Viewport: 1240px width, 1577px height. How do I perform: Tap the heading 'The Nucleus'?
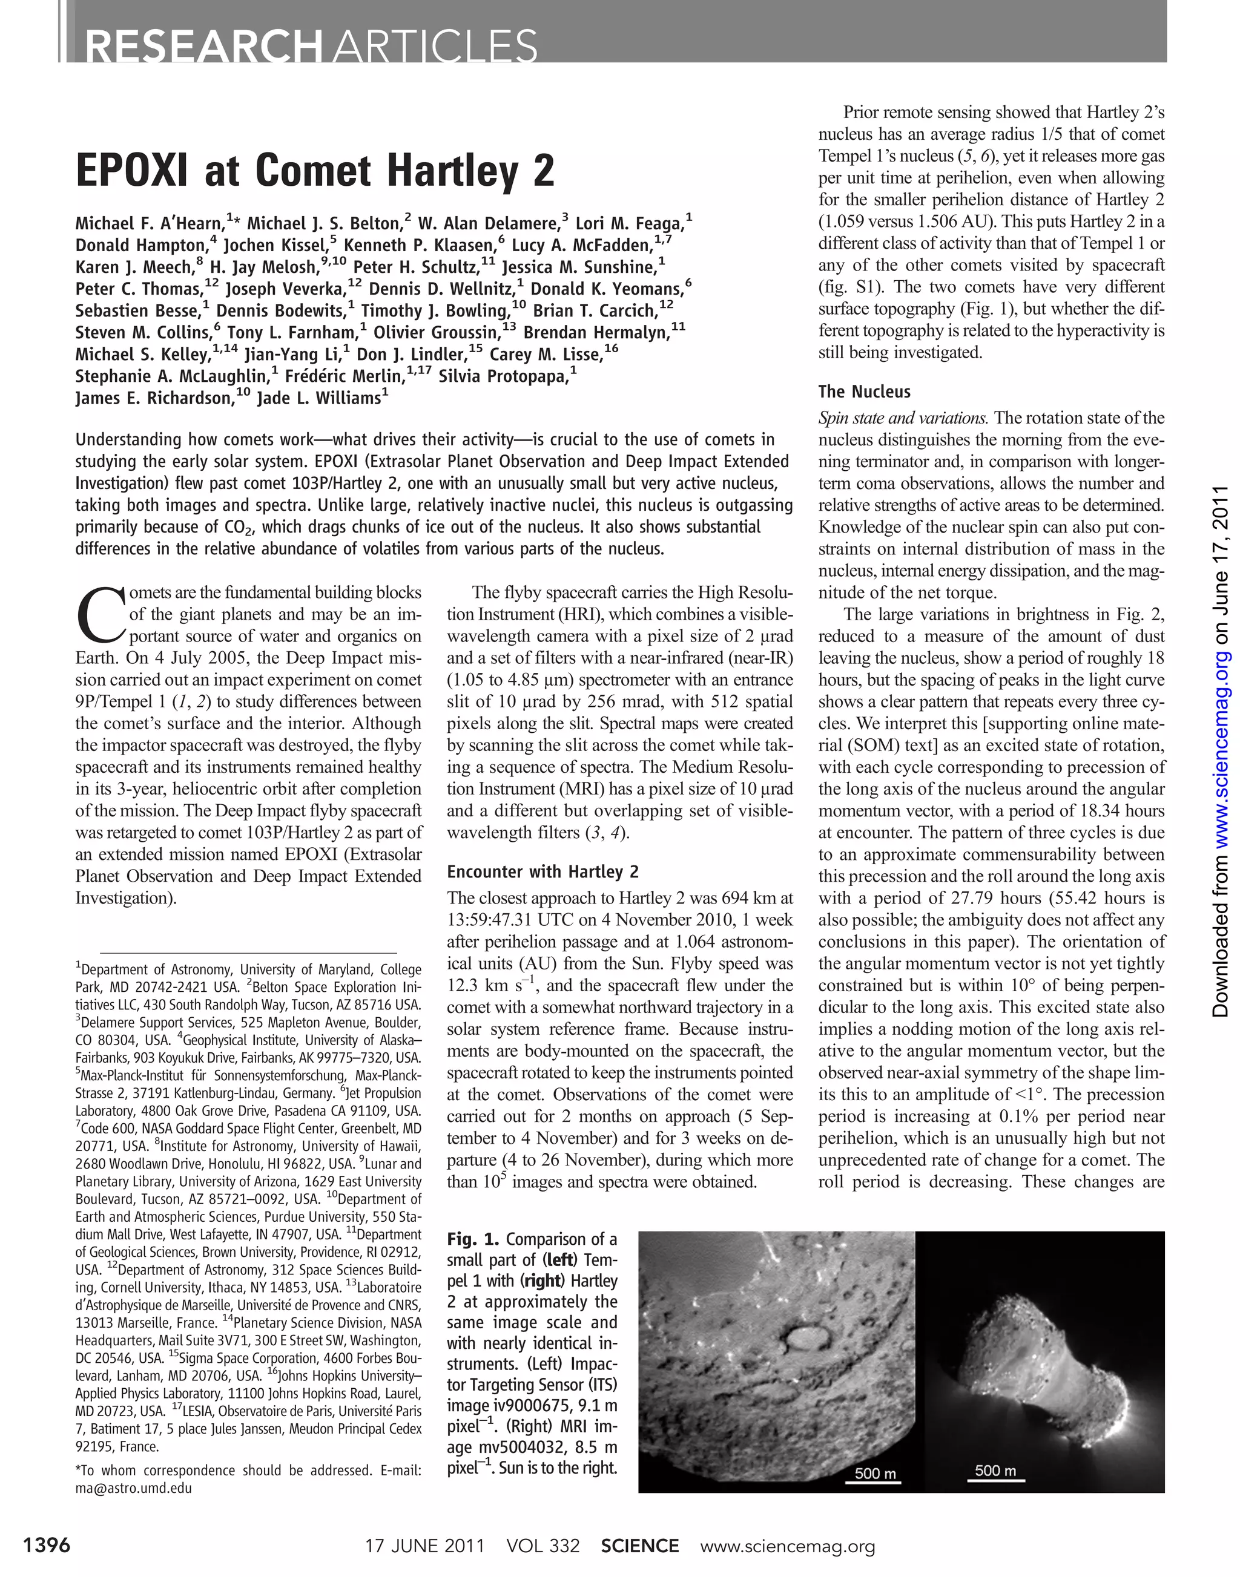pyautogui.click(x=864, y=392)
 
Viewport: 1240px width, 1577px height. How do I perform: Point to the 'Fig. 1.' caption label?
pyautogui.click(x=473, y=1239)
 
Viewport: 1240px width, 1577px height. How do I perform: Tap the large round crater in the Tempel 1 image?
pyautogui.click(x=802, y=1336)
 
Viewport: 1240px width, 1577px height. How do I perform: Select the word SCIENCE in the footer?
pyautogui.click(x=639, y=1546)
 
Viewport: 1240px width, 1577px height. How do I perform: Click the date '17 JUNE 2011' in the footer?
pyautogui.click(x=424, y=1546)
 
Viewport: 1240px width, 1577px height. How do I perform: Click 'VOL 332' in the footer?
pyautogui.click(x=543, y=1546)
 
